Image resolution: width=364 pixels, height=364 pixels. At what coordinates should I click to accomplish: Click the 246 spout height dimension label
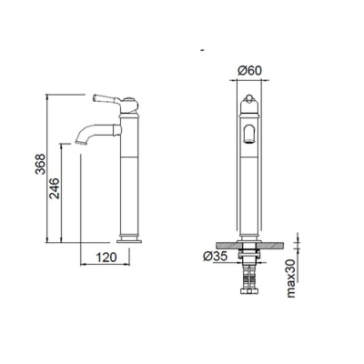point(55,189)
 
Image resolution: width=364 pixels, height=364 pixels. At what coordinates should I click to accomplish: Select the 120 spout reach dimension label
point(108,258)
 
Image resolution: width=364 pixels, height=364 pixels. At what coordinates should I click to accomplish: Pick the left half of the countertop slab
point(224,247)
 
